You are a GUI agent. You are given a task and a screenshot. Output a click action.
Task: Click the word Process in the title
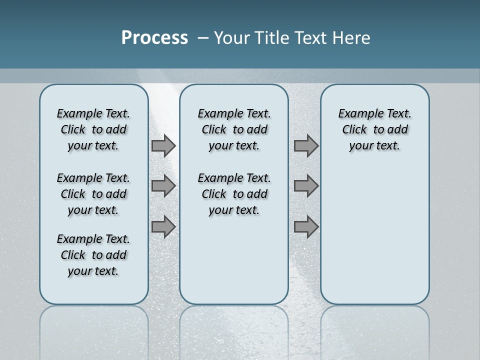click(154, 38)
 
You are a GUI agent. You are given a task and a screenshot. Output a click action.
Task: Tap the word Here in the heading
click(351, 38)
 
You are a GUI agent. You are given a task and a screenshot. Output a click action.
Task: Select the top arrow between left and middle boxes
click(163, 146)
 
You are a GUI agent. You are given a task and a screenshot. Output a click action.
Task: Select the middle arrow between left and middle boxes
click(163, 186)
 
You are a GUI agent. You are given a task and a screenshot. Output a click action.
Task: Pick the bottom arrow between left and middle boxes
click(163, 226)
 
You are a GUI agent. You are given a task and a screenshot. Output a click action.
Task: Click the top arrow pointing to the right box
click(306, 146)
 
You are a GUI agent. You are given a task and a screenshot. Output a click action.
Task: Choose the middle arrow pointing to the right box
click(306, 186)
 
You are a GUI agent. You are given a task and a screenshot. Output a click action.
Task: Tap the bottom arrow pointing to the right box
click(306, 226)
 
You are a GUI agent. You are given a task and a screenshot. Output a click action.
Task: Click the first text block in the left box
click(93, 129)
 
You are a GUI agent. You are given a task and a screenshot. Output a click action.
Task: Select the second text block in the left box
click(93, 194)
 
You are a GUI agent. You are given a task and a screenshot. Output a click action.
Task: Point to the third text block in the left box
click(93, 255)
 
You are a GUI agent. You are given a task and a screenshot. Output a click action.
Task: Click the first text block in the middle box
click(234, 129)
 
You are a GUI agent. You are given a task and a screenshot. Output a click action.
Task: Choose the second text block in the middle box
click(234, 194)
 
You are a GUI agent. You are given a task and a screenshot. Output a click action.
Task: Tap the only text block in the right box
click(374, 129)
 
